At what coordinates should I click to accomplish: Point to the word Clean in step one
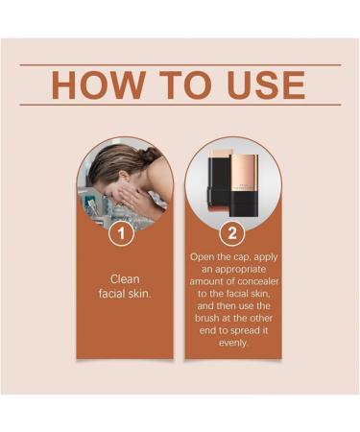pyautogui.click(x=125, y=279)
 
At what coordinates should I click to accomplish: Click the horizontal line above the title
pyautogui.click(x=180, y=64)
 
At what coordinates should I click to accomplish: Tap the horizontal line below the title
pyautogui.click(x=180, y=105)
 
